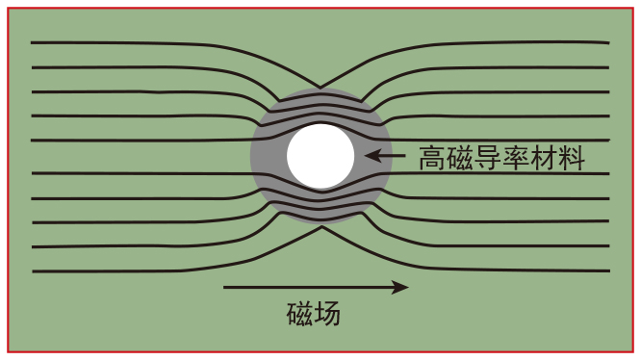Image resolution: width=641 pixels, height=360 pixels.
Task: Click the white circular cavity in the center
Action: pyautogui.click(x=320, y=156)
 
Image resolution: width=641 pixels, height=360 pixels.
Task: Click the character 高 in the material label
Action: pyautogui.click(x=432, y=157)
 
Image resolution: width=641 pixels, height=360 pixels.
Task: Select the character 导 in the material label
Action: pyautogui.click(x=488, y=157)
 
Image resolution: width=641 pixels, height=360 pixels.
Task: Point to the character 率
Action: pyautogui.click(x=516, y=157)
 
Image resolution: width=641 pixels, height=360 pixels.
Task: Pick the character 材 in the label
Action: pyautogui.click(x=543, y=157)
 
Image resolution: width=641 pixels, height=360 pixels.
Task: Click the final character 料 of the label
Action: pyautogui.click(x=572, y=157)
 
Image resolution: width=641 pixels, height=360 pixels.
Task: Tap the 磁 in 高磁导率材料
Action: pyautogui.click(x=460, y=157)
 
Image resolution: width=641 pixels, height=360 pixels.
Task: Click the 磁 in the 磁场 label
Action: pyautogui.click(x=299, y=314)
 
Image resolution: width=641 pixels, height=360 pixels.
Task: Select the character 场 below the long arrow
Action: pyautogui.click(x=327, y=314)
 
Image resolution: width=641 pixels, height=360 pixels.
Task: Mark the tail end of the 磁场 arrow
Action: pyautogui.click(x=224, y=287)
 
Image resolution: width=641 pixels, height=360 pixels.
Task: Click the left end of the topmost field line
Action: pyautogui.click(x=32, y=42)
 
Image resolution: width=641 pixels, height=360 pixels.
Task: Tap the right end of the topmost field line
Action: pyautogui.click(x=608, y=42)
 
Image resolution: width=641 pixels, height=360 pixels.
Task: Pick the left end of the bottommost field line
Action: pyautogui.click(x=34, y=271)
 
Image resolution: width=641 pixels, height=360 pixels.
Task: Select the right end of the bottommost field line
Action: pyautogui.click(x=609, y=270)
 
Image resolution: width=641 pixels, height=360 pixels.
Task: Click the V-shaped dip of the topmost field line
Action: pyautogui.click(x=320, y=87)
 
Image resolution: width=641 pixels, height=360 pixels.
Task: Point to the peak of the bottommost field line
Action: pyautogui.click(x=321, y=227)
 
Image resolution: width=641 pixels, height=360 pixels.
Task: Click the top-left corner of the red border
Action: pyautogui.click(x=8, y=8)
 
